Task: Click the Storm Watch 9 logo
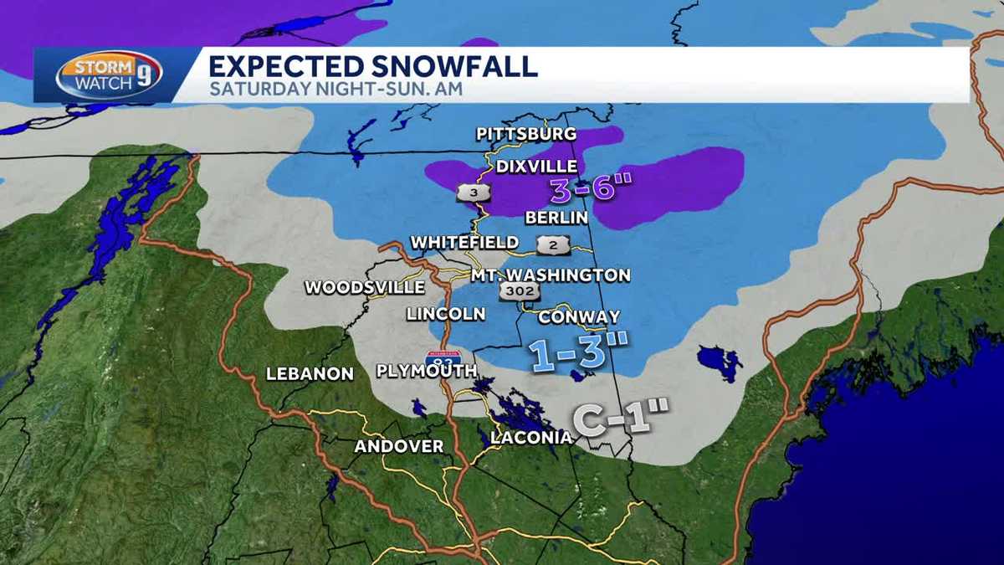[109, 75]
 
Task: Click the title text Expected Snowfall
[372, 66]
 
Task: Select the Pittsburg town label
[526, 134]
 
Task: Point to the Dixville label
[536, 167]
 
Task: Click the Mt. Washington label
[550, 275]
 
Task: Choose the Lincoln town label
[445, 315]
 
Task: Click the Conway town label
[579, 317]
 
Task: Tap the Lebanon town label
[310, 374]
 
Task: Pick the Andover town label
[399, 447]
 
